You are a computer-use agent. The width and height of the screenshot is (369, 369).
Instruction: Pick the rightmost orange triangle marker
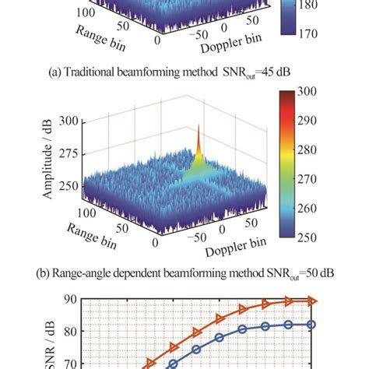[312, 300]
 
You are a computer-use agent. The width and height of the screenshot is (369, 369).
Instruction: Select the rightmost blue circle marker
[312, 324]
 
